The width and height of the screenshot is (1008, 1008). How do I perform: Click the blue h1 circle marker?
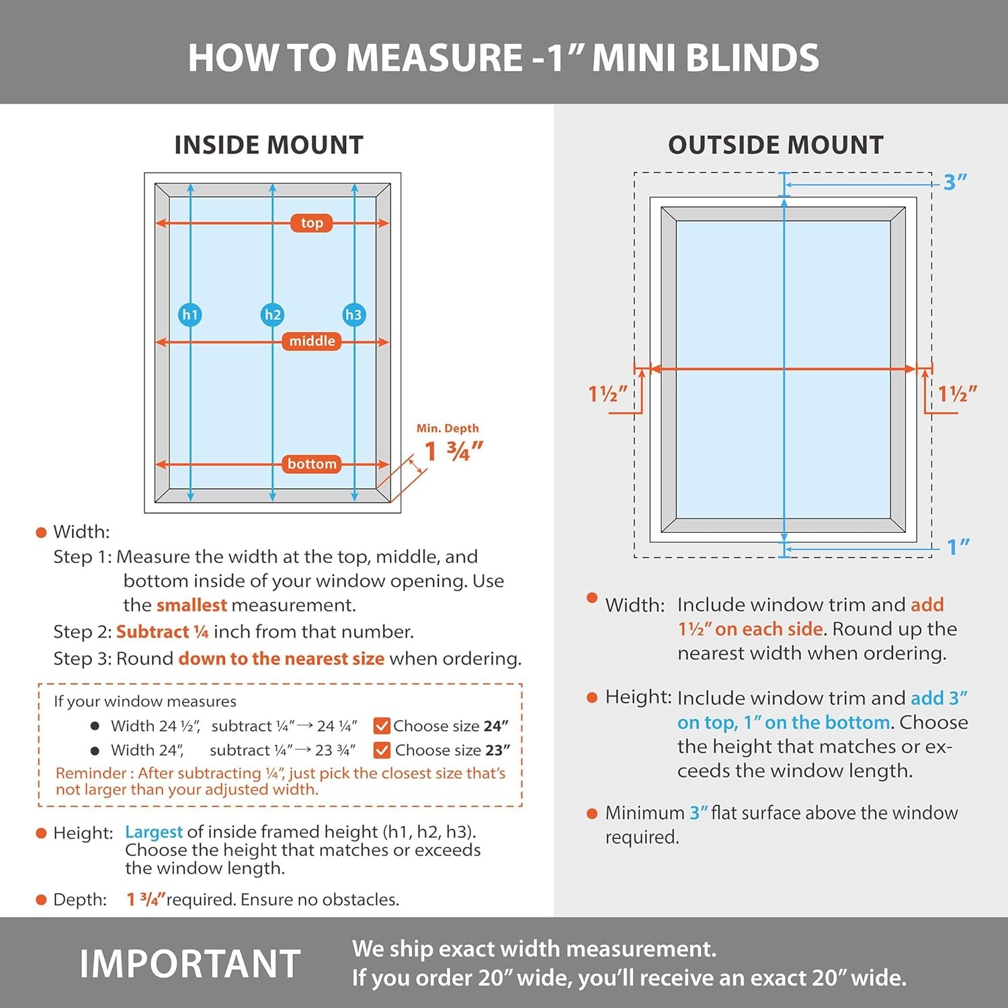[190, 314]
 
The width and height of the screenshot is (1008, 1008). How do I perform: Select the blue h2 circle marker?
[272, 314]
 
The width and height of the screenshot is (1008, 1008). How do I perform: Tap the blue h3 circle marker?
[354, 314]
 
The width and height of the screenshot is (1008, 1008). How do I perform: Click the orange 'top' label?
[312, 222]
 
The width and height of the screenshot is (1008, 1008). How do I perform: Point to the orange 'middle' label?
[312, 341]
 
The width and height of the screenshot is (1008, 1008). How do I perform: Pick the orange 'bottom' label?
[312, 464]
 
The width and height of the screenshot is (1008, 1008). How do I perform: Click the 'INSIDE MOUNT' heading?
[269, 145]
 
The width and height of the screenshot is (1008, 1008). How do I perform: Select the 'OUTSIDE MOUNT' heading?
[775, 145]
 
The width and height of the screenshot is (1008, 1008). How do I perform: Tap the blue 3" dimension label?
[955, 182]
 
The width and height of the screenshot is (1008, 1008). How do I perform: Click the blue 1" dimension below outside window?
[958, 547]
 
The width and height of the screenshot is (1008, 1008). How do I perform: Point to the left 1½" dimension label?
[607, 394]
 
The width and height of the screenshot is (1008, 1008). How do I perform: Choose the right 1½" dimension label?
[958, 394]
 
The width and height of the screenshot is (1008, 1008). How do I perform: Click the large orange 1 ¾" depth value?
[454, 451]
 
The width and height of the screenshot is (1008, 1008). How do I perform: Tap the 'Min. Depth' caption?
[448, 428]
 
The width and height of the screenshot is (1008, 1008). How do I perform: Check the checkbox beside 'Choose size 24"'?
[382, 726]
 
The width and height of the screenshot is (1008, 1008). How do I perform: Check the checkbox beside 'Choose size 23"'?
[382, 750]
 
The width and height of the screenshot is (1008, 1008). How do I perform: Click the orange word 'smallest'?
[192, 605]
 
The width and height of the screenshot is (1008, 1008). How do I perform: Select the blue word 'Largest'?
[154, 833]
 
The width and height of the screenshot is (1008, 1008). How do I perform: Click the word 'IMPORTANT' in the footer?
[190, 964]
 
